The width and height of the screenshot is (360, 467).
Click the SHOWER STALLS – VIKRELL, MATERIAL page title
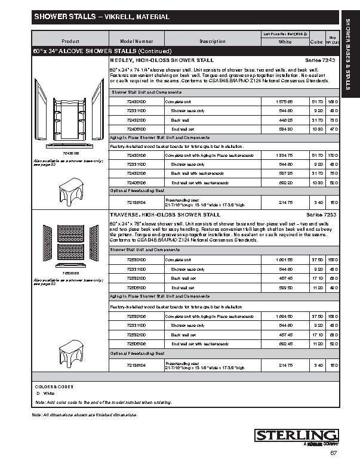tap(101, 17)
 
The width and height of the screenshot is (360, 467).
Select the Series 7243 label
tap(318, 61)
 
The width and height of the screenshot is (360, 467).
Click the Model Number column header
tap(136, 41)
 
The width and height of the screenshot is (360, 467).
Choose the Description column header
tap(213, 41)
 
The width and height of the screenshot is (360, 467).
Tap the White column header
tap(285, 42)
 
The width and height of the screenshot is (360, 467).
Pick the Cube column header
tap(316, 42)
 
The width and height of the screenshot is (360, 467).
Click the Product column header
tap(70, 41)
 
